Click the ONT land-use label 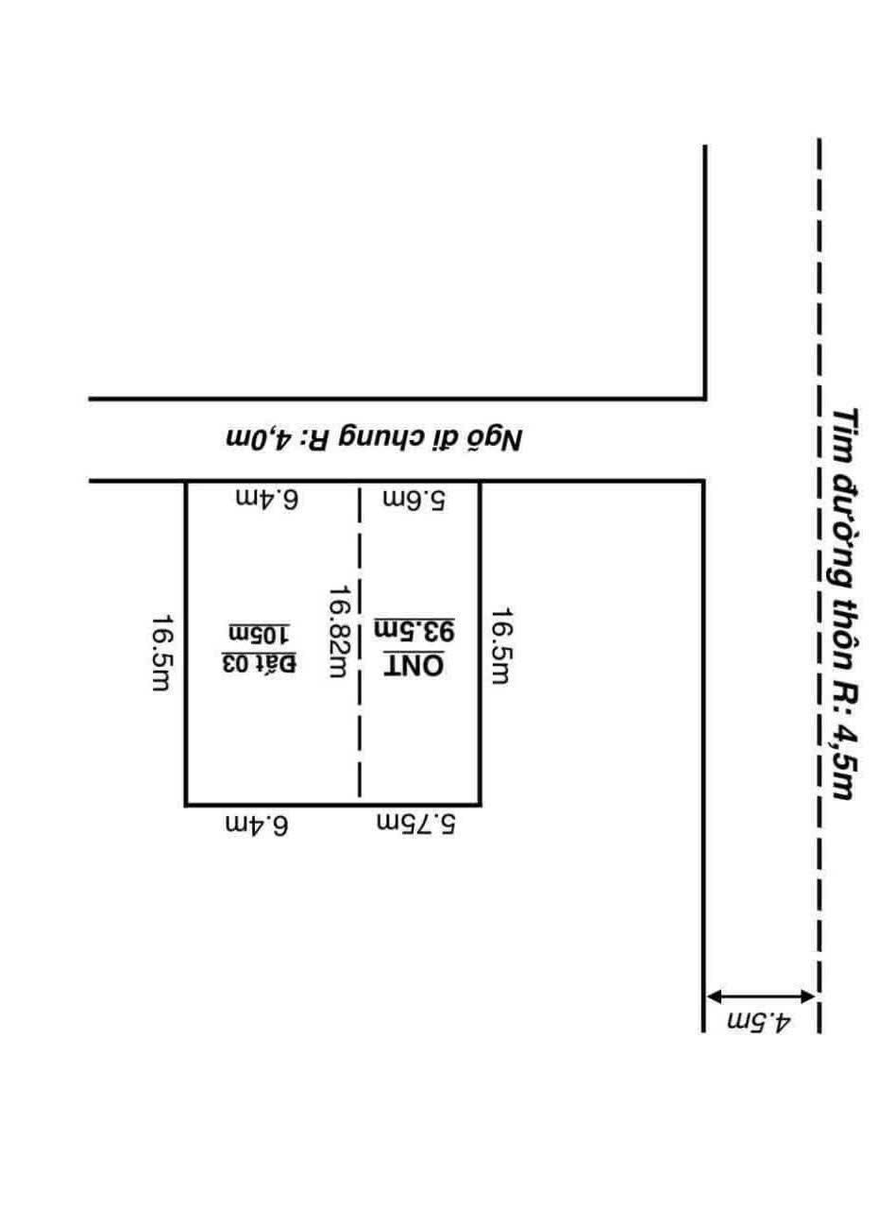click(414, 665)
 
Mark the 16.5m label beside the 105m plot click(160, 653)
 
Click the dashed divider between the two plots click(359, 641)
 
